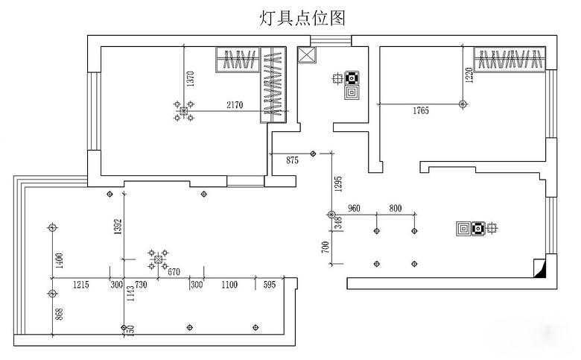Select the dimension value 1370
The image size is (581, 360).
tap(191, 79)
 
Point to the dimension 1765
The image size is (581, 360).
tap(421, 112)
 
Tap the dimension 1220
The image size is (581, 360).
tap(469, 75)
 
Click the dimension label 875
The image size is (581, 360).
tap(292, 160)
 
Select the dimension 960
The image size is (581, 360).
tap(355, 209)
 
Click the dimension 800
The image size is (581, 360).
tap(395, 209)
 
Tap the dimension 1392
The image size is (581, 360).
tap(118, 228)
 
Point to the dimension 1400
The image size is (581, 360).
tap(60, 260)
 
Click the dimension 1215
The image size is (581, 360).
tap(81, 285)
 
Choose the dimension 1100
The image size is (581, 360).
tap(229, 285)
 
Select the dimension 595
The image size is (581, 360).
tap(269, 285)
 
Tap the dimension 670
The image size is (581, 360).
tap(174, 271)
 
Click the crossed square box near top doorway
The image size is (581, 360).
tap(306, 57)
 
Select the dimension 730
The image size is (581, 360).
tap(141, 285)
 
